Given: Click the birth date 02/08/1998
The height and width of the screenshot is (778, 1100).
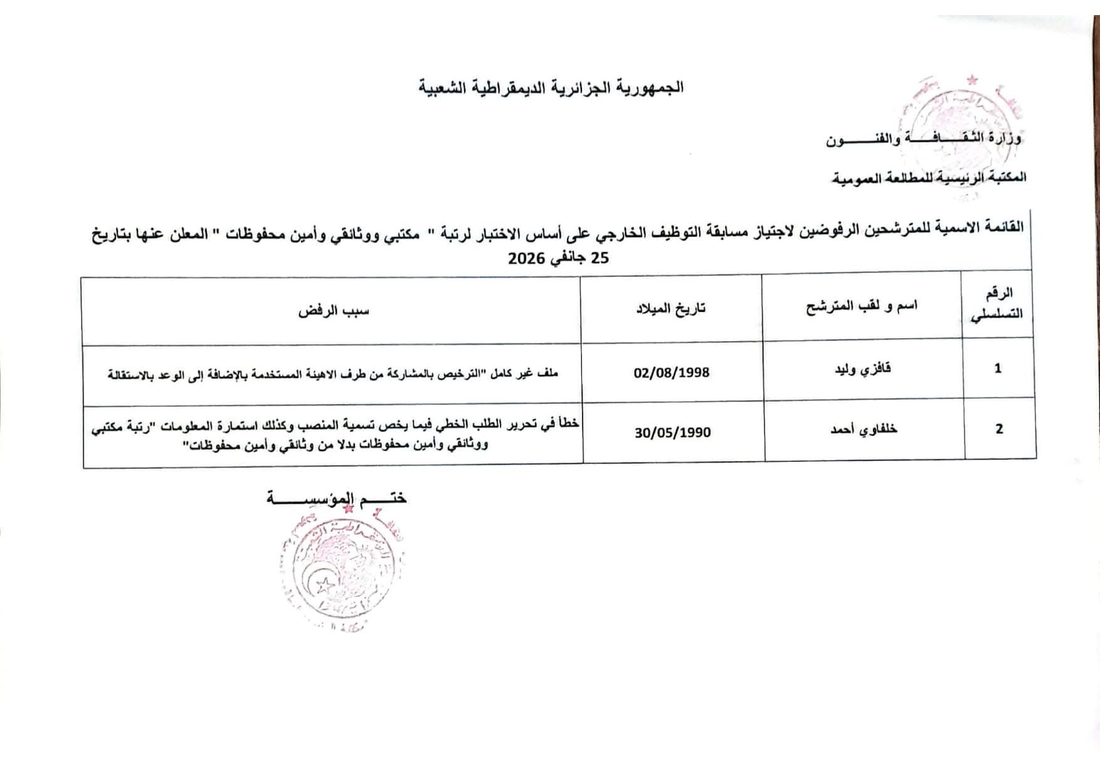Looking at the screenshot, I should (x=672, y=373).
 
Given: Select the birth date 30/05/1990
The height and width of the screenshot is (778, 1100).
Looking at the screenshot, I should (x=672, y=433).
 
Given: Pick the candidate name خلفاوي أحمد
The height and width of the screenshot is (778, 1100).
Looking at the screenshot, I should (x=864, y=429).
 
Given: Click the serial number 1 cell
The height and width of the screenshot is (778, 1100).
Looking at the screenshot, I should (x=998, y=369).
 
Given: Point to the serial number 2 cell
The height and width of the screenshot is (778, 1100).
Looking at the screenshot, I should (x=999, y=429).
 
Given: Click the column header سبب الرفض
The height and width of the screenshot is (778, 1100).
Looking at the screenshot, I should (x=334, y=311).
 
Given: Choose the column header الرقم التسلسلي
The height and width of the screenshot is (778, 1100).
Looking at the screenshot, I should (x=997, y=304).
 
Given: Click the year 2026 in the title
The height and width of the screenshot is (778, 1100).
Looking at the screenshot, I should (x=526, y=258).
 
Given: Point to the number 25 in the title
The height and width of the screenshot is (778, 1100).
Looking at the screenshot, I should (x=600, y=258).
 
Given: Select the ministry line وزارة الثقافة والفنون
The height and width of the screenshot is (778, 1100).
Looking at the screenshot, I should (x=923, y=139).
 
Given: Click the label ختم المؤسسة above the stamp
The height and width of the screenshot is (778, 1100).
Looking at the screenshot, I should (x=337, y=499).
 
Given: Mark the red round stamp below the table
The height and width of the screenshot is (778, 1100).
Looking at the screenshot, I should (x=339, y=568).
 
